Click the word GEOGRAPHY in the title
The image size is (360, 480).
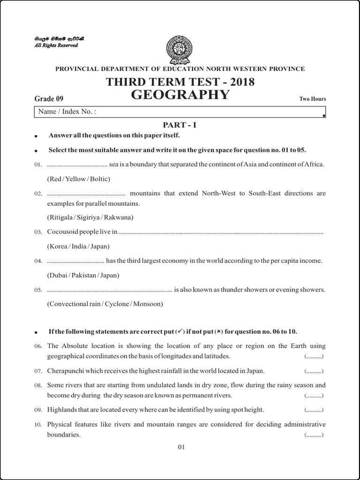(180, 95)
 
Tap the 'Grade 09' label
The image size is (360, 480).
(49, 98)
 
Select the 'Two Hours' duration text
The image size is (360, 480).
(313, 99)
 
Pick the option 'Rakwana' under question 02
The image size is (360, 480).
(120, 217)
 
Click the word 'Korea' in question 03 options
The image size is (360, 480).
(59, 246)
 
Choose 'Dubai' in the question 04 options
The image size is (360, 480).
(59, 275)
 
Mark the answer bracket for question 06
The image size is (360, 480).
(314, 357)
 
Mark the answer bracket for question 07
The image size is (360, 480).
(314, 371)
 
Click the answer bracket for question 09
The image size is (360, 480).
(314, 410)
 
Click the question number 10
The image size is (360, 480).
(38, 425)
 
